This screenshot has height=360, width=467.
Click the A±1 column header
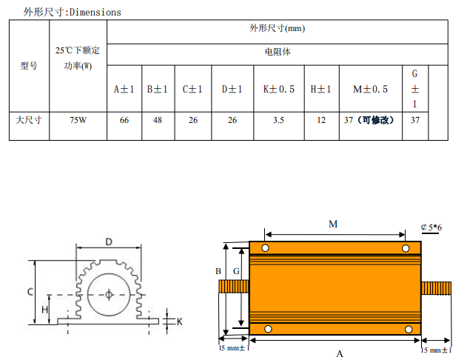coord(124,89)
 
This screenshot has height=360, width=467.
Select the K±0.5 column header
coord(279,89)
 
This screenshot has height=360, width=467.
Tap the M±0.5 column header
coord(371,89)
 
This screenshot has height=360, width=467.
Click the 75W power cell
coord(78,120)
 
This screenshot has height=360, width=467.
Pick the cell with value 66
coord(124,120)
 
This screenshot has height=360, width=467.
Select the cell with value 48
coord(158,120)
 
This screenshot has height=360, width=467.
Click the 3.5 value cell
coord(278,120)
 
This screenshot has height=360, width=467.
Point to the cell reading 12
coord(321,120)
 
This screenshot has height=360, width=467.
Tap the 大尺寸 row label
coord(29,120)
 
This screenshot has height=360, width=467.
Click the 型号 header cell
coord(29,66)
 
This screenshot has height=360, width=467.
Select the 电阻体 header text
coord(278,52)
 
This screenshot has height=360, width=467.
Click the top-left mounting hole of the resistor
coord(265,248)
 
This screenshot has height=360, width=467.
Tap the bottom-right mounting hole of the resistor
coord(409,330)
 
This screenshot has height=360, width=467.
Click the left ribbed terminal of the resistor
coord(234,287)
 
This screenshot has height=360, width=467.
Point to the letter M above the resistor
coord(333,224)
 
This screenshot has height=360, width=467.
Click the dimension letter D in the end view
coord(109,241)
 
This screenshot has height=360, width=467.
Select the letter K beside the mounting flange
coord(180,321)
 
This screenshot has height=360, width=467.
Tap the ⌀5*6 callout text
coord(431,227)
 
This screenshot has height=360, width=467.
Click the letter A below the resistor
coord(340,354)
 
